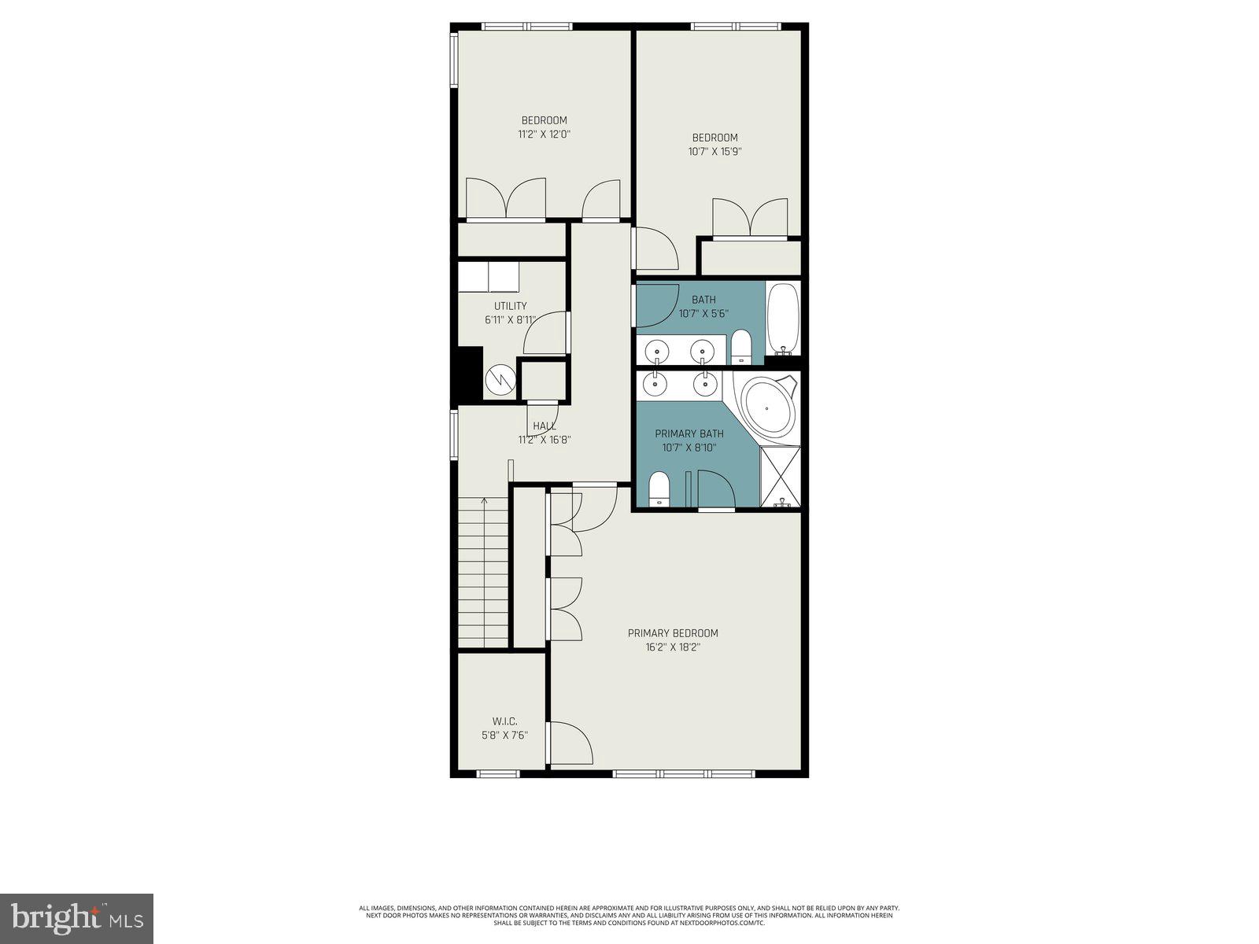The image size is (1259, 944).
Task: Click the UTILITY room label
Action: (x=510, y=306)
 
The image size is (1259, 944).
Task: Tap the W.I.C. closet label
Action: (x=504, y=721)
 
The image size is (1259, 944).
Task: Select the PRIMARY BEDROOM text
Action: (x=673, y=633)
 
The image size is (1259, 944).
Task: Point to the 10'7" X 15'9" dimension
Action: (x=714, y=151)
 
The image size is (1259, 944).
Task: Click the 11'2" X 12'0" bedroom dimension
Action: (x=544, y=134)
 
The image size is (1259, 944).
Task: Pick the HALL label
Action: (x=544, y=426)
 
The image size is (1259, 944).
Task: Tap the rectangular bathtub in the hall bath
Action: (x=783, y=318)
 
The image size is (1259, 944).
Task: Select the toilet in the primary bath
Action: (x=658, y=489)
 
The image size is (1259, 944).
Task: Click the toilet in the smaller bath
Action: (x=741, y=348)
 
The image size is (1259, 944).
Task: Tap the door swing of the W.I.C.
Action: (x=569, y=743)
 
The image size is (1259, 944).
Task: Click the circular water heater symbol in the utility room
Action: (x=499, y=382)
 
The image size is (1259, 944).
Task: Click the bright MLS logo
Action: (x=76, y=918)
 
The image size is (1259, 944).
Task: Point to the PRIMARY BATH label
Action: (x=689, y=433)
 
